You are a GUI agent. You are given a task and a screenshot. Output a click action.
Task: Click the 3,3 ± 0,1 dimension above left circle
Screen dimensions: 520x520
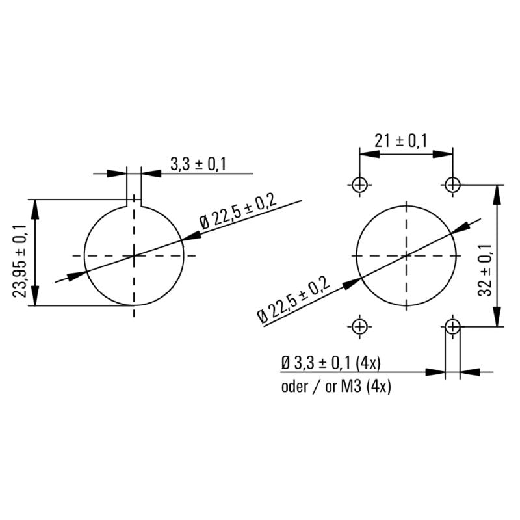coord(198,164)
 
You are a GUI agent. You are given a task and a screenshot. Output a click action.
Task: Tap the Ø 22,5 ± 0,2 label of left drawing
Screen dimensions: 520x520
coord(238,213)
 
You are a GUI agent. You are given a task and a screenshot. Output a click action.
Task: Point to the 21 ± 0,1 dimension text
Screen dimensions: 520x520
coord(401,140)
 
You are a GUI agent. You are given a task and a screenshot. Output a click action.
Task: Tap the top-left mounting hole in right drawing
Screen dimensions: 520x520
coord(359,185)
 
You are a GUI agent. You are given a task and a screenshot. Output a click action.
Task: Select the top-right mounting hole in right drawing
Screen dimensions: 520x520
coord(453,185)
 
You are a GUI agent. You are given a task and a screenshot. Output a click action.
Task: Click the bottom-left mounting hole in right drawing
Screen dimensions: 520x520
coord(359,326)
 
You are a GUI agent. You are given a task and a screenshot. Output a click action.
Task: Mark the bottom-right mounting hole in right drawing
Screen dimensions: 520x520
coord(453,326)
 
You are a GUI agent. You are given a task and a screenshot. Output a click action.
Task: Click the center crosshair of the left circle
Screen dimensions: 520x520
coord(134,255)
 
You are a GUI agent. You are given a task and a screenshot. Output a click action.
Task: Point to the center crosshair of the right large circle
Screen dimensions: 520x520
coord(406,255)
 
